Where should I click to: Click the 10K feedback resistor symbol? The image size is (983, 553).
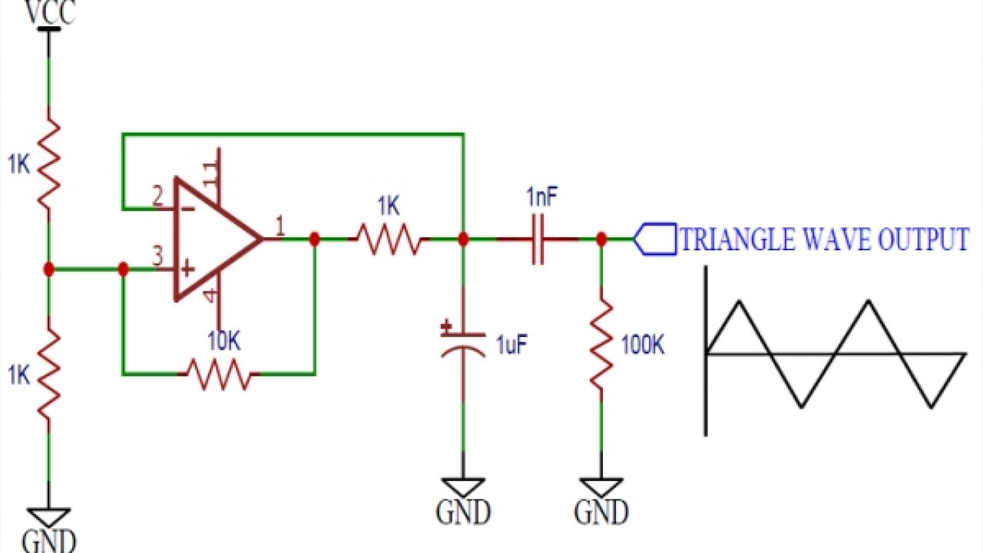tap(219, 374)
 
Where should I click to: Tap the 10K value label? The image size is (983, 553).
tap(223, 343)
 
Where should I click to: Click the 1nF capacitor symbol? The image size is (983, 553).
tap(538, 240)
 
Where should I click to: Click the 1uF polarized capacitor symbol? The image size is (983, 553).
tap(462, 342)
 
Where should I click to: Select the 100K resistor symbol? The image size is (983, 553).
tap(601, 346)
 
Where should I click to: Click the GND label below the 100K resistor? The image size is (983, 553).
tap(601, 512)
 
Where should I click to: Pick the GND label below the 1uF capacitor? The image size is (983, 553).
tap(462, 512)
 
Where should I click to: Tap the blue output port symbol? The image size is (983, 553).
tap(654, 240)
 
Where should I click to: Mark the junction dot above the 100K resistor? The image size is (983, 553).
tap(601, 240)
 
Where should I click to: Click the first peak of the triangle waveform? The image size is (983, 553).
tap(738, 301)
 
